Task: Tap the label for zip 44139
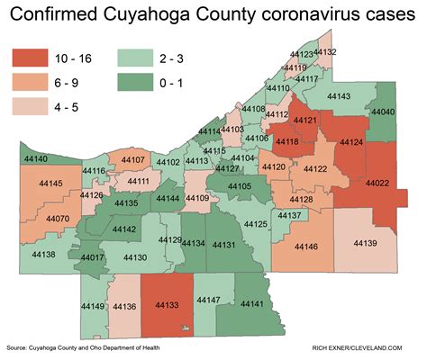365,243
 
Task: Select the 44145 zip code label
51,184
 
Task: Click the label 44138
42,255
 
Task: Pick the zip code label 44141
252,305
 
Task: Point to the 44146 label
305,247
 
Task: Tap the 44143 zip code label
339,95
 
